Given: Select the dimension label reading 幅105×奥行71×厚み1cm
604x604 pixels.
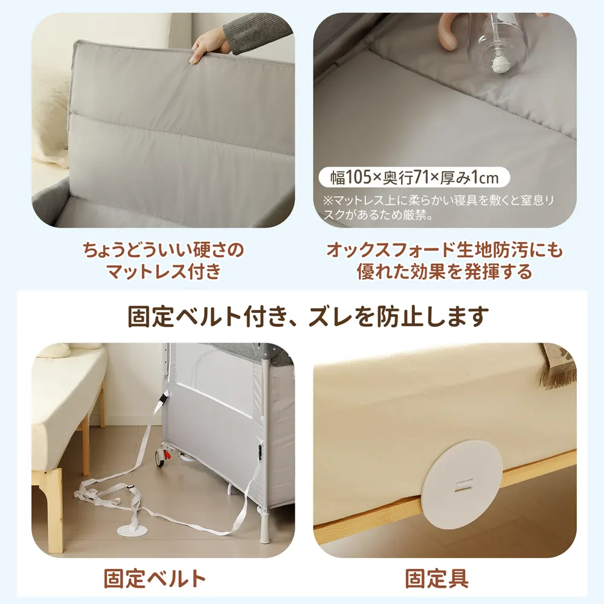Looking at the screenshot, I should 414,178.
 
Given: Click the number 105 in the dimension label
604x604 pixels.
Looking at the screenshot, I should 359,178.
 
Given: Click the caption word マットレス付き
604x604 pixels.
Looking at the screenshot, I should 164,271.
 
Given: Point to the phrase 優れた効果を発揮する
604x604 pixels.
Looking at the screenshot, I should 444,272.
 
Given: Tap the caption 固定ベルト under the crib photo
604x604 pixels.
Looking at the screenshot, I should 155,578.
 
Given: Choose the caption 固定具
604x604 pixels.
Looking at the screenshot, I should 437,578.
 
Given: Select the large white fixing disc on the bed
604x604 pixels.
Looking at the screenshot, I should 463,483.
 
